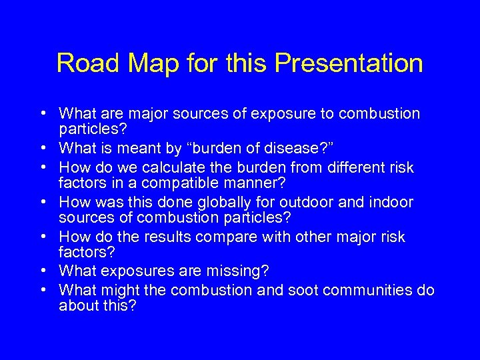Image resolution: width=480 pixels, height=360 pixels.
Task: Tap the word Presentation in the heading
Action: (349, 64)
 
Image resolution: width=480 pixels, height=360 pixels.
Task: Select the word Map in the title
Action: (145, 64)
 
